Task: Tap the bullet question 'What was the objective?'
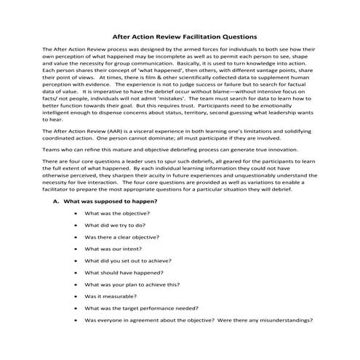[117, 213]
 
